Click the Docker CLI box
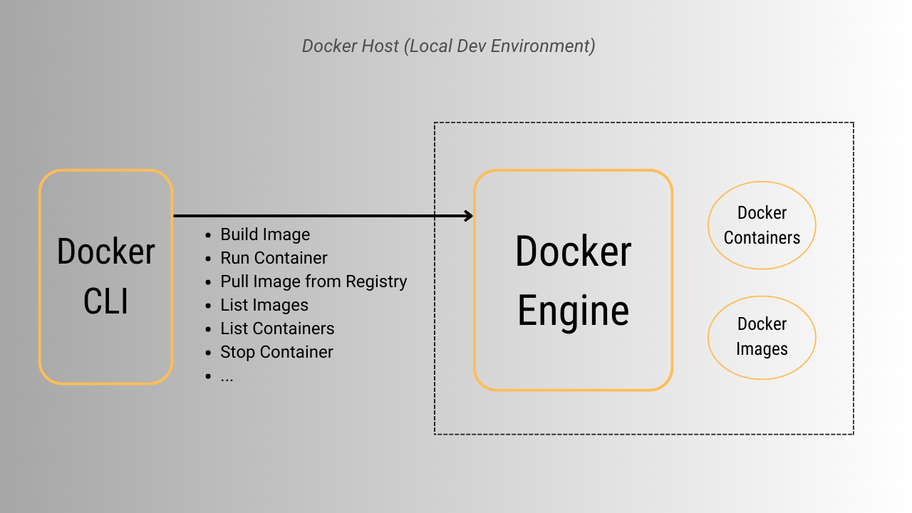[106, 277]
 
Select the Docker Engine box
[573, 280]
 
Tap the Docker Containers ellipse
[762, 225]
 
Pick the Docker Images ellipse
[762, 337]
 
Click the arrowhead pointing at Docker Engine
[469, 216]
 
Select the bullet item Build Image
[265, 234]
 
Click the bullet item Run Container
[274, 258]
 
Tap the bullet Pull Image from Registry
[313, 281]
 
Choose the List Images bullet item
[264, 305]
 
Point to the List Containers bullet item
[277, 328]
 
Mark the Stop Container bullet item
[276, 352]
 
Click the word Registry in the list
[376, 282]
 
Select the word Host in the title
[378, 46]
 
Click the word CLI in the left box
[106, 301]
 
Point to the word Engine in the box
[573, 311]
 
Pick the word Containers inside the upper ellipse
[762, 238]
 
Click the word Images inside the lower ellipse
[762, 349]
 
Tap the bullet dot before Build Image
[208, 235]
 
